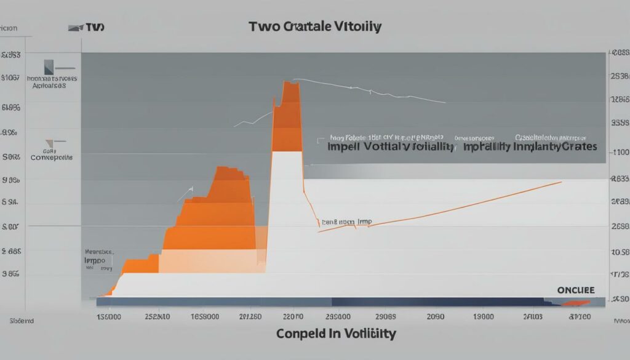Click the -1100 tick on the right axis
tap(618, 153)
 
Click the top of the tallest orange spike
tap(290, 82)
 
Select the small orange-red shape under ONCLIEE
tap(576, 302)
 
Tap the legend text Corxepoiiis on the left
tap(52, 158)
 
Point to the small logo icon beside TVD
tap(75, 28)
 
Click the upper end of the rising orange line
tap(560, 182)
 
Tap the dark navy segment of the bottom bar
tap(437, 302)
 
